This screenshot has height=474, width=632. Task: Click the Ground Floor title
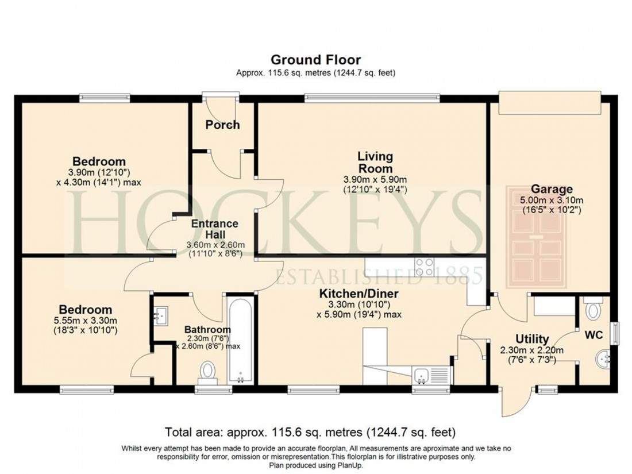click(315, 59)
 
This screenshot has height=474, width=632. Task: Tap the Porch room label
click(222, 125)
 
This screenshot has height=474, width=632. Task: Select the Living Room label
click(375, 162)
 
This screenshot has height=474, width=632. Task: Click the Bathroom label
click(207, 329)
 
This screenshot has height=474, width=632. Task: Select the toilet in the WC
click(592, 310)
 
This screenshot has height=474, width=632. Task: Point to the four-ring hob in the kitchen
click(425, 267)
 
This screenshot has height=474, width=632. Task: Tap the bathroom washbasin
click(160, 314)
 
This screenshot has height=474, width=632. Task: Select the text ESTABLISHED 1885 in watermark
click(379, 277)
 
